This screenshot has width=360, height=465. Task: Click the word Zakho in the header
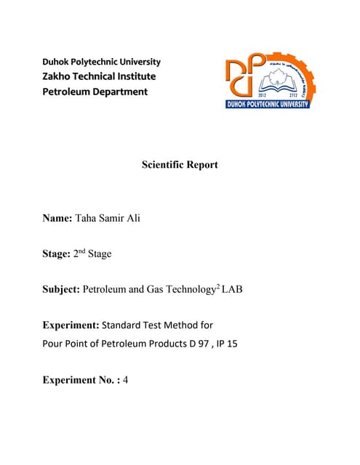[62, 76]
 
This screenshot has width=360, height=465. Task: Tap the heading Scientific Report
[180, 165]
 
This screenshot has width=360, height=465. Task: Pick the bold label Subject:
[62, 291]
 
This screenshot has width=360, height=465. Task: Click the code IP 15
[225, 343]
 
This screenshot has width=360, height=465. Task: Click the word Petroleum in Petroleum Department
[65, 92]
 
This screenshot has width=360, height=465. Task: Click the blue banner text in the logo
[268, 105]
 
